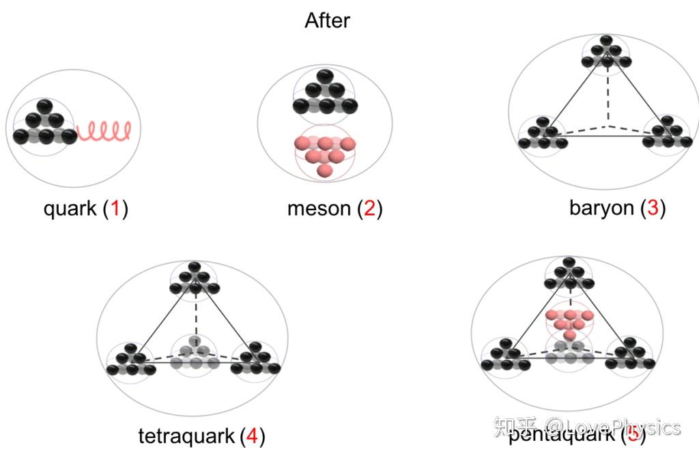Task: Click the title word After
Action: point(327,20)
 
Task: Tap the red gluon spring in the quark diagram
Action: point(104,130)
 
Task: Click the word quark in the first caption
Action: point(70,208)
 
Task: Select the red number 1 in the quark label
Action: point(115,208)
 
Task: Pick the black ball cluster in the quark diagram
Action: point(44,123)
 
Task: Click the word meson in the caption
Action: point(319,208)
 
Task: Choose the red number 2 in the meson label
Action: point(369,208)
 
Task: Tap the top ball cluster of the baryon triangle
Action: point(607,53)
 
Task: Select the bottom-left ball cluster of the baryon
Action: point(543,133)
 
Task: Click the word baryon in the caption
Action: point(601,207)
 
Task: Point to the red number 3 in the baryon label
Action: point(652,207)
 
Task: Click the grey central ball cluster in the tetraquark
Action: point(195,353)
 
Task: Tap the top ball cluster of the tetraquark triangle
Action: point(195,278)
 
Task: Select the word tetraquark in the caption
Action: point(186,435)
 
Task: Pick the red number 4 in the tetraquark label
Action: point(252,435)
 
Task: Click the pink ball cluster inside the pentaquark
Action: point(569,321)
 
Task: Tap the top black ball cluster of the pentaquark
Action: point(569,275)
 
